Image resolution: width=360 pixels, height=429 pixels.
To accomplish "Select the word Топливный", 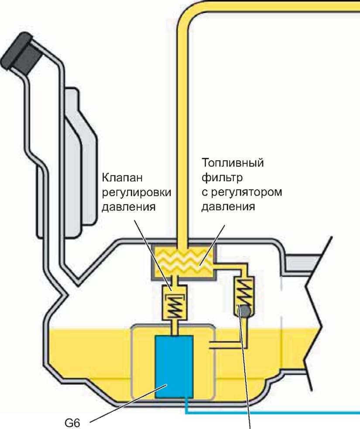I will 233,164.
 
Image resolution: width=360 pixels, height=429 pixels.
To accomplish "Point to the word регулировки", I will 137,193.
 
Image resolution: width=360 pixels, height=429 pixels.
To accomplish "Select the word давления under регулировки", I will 129,206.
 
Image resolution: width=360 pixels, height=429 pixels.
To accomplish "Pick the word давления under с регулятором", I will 228,206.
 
